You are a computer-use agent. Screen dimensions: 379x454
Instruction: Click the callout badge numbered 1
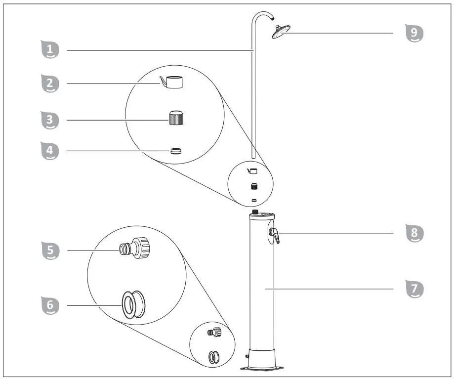click(49, 50)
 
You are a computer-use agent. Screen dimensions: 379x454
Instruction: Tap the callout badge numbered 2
click(49, 84)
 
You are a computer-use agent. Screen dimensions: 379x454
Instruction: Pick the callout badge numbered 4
click(49, 151)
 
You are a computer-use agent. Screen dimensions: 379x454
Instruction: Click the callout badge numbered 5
click(49, 251)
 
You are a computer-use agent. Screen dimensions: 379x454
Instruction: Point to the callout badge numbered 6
click(49, 305)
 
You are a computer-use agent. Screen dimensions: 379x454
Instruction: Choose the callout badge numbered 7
click(414, 288)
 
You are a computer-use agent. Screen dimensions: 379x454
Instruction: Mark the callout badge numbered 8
click(414, 233)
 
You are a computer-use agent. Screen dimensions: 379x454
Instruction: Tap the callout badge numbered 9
click(414, 33)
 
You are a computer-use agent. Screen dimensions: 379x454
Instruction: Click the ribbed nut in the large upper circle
click(176, 119)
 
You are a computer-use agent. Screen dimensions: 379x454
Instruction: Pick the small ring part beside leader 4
click(175, 151)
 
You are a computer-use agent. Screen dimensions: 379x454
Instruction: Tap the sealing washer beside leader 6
click(133, 304)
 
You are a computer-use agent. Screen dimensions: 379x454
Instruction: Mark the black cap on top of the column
click(254, 212)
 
